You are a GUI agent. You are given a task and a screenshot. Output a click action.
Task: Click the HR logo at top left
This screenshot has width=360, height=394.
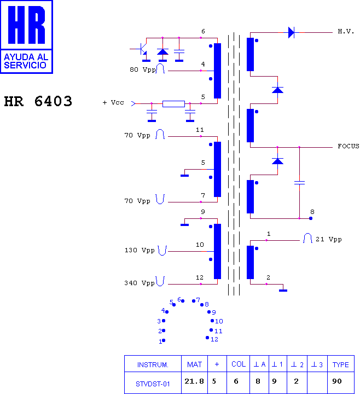pyautogui.click(x=26, y=37)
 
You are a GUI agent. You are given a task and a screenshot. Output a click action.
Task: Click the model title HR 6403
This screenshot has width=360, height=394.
pyautogui.click(x=38, y=101)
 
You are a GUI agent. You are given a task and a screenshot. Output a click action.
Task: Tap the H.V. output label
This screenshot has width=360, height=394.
pyautogui.click(x=346, y=32)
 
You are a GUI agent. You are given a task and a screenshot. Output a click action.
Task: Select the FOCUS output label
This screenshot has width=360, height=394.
pyautogui.click(x=348, y=146)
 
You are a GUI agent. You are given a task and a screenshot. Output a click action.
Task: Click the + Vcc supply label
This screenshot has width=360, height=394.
pyautogui.click(x=113, y=102)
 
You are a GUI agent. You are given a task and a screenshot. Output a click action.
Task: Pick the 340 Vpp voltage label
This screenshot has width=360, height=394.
pyautogui.click(x=140, y=283)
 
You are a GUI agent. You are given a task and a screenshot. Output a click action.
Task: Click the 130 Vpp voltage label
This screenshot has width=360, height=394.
pyautogui.click(x=140, y=250)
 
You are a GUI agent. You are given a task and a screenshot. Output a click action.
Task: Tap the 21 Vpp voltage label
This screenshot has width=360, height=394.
pyautogui.click(x=329, y=239)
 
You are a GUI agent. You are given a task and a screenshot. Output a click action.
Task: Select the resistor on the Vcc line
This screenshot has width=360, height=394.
pyautogui.click(x=173, y=104)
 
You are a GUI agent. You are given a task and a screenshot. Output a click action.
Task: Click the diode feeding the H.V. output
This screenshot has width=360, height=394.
pyautogui.click(x=291, y=33)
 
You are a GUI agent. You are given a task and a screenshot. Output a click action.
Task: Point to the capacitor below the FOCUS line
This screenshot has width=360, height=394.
pyautogui.click(x=299, y=183)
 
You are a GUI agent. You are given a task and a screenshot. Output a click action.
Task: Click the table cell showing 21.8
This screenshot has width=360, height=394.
pyautogui.click(x=194, y=381)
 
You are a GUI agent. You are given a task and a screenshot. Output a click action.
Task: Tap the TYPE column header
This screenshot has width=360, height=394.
pyautogui.click(x=341, y=364)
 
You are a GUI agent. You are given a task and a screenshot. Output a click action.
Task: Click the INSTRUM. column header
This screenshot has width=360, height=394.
pyautogui.click(x=153, y=364)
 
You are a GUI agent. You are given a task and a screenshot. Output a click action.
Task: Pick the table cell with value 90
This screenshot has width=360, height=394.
pyautogui.click(x=337, y=381)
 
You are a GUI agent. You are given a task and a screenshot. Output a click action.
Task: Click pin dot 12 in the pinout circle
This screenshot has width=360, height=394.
pyautogui.click(x=207, y=338)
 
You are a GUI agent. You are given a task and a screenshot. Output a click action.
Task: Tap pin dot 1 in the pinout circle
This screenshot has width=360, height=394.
pyautogui.click(x=164, y=340)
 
